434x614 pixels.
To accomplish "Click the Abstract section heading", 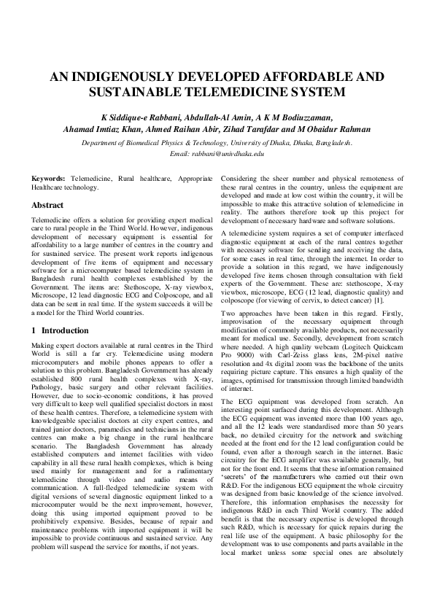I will [x=47, y=206].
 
